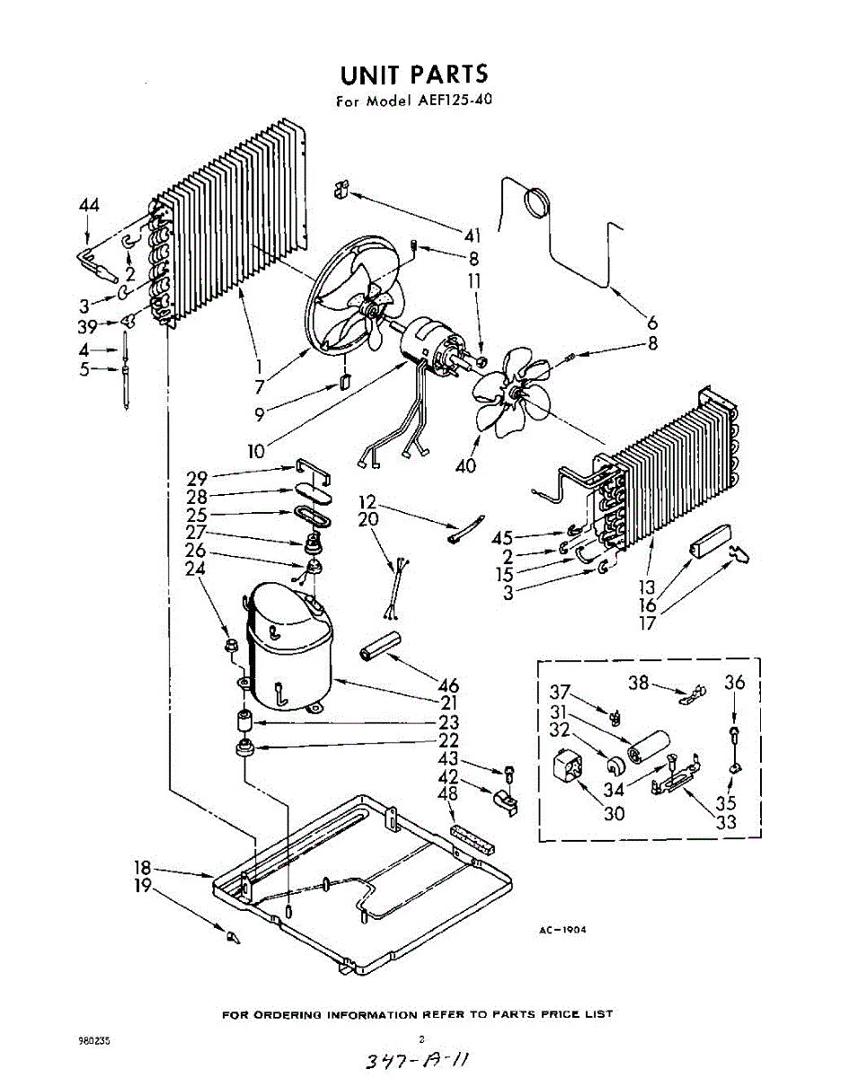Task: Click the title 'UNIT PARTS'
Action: coord(414,74)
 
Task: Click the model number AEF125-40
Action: coord(452,101)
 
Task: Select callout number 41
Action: coord(473,236)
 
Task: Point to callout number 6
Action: coord(652,323)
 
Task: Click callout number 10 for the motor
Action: coord(257,450)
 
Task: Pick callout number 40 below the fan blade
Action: coord(466,465)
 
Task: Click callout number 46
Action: coord(448,682)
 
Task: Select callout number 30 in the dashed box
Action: coord(615,814)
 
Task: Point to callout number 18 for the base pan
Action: coord(142,869)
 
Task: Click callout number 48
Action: coord(447,794)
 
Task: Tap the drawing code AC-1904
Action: coord(562,931)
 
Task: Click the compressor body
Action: coord(287,647)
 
